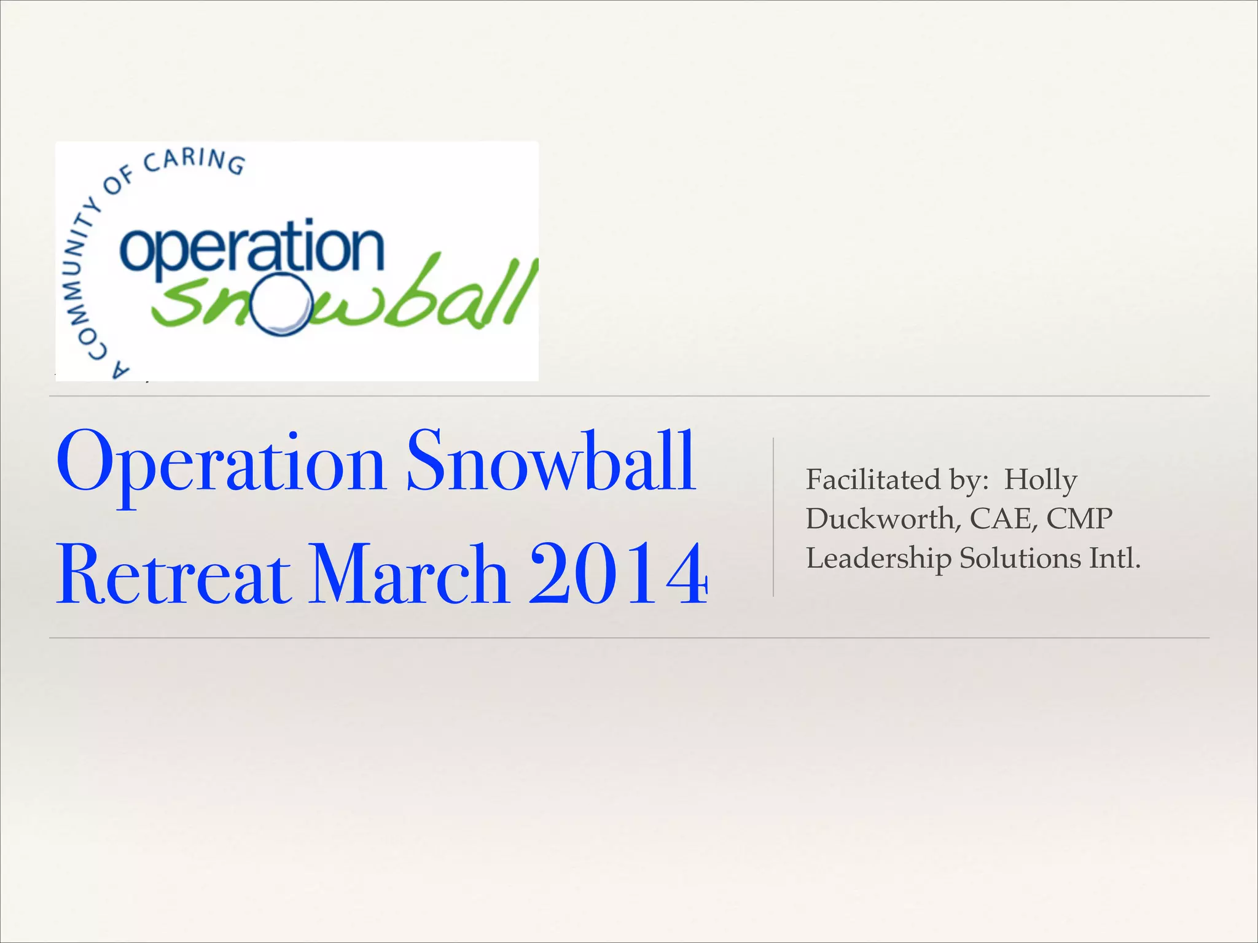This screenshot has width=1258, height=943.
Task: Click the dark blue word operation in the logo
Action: (252, 249)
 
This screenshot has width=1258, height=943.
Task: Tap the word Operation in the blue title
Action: (221, 464)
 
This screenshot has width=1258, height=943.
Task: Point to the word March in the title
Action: (408, 574)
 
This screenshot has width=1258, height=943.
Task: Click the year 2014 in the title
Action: (619, 574)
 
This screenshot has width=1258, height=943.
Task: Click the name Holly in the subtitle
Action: (1040, 479)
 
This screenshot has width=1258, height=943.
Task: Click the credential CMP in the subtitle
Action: (1079, 519)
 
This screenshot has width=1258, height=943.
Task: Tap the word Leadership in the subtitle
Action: (878, 559)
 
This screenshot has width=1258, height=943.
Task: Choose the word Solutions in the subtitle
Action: (1020, 558)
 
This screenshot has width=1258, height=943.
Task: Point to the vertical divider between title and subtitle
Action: (773, 517)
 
